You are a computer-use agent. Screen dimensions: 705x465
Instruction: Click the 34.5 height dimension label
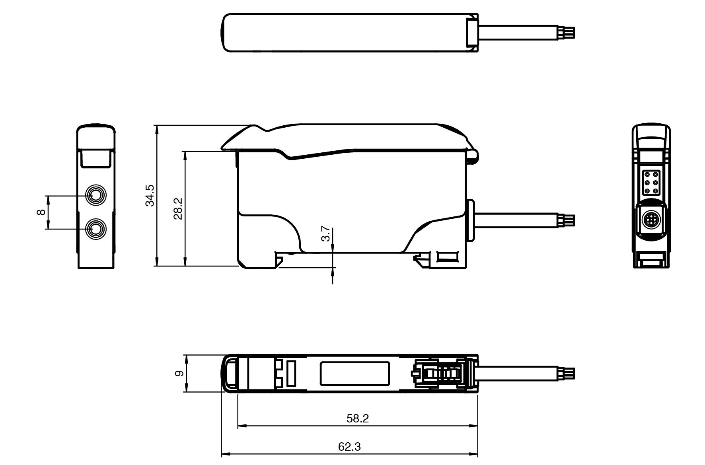coord(150,195)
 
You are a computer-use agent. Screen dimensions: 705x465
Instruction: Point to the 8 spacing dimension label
coord(41,212)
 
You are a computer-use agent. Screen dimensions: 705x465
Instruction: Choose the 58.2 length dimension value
coord(358,418)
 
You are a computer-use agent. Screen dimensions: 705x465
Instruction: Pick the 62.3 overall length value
coord(349,446)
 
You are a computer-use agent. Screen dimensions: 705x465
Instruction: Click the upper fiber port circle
coord(96,195)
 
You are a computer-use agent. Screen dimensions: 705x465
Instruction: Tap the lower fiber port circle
coord(96,229)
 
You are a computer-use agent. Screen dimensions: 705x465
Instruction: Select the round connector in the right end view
coord(651,220)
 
